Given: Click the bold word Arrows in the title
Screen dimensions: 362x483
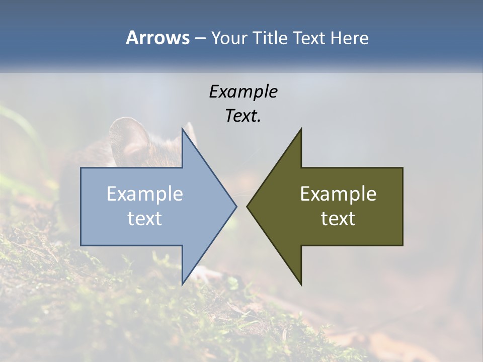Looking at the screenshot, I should [157, 38].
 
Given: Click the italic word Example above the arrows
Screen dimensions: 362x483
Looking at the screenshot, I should [243, 92].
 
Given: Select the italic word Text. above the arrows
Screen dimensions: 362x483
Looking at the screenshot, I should [243, 116].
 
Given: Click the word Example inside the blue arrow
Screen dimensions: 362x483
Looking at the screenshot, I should [145, 194].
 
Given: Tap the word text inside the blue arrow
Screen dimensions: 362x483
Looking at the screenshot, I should [145, 219].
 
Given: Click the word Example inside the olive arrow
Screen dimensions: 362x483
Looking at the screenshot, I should [338, 194].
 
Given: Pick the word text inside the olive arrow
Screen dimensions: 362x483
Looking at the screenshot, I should [338, 219].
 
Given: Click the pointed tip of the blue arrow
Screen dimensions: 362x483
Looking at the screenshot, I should [236, 206].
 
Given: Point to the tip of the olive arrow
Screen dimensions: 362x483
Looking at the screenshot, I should [248, 206].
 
